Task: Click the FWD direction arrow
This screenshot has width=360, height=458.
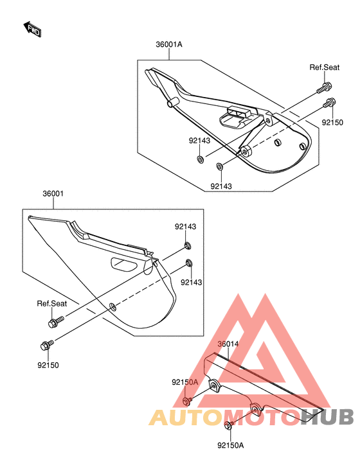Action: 32,29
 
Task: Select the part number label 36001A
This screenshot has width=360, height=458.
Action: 169,44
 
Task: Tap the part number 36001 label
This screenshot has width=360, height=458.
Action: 53,193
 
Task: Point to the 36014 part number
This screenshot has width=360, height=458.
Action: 228,344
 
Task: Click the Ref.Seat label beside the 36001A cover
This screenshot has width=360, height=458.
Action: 325,67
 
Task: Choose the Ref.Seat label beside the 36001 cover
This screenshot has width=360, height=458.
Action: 51,304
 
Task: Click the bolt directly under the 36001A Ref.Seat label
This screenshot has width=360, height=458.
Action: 325,88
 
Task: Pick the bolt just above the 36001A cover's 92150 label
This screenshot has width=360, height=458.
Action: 329,103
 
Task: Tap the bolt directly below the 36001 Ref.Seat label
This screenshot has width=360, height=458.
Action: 55,322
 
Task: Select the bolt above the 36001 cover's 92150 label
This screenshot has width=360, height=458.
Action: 47,345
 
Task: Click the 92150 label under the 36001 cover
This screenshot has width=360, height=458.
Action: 48,365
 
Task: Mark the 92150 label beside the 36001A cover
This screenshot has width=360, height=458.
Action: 332,123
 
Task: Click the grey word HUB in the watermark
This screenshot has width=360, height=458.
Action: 327,416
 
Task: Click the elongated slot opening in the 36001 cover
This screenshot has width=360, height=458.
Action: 124,264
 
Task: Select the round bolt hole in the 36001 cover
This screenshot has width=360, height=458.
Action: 113,306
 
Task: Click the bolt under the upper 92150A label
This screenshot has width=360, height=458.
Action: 186,401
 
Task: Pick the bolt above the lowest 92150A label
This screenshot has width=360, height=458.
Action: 228,425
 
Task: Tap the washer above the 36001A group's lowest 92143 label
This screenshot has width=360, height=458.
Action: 219,166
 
